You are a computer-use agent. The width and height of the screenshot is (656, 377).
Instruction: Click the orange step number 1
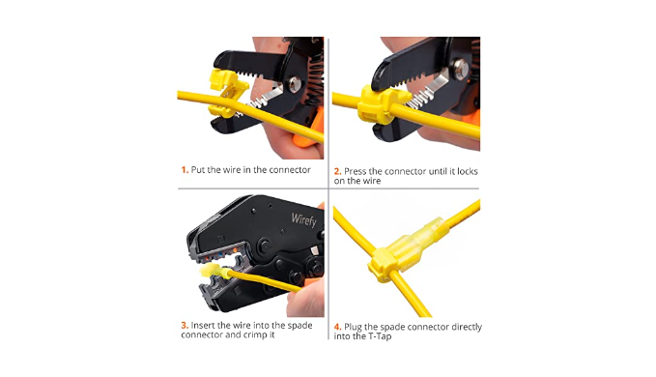pyautogui.click(x=185, y=170)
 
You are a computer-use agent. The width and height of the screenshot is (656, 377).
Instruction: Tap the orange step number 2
pyautogui.click(x=337, y=171)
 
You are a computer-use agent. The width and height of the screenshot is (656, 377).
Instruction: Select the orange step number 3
pyautogui.click(x=185, y=325)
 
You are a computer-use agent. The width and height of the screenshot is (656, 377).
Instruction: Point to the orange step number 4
pyautogui.click(x=337, y=327)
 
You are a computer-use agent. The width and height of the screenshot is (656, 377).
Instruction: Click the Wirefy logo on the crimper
pyautogui.click(x=304, y=219)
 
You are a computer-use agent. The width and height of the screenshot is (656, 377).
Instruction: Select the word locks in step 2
pyautogui.click(x=468, y=171)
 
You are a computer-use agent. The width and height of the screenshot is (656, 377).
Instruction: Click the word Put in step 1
pyautogui.click(x=198, y=170)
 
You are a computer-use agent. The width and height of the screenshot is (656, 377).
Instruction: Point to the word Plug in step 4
pyautogui.click(x=353, y=327)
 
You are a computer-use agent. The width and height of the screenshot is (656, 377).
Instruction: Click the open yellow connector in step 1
pyautogui.click(x=225, y=93)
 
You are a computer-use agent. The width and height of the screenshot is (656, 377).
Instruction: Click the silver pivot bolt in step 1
pyautogui.click(x=294, y=83)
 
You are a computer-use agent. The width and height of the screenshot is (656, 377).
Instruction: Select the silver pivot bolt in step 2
pyautogui.click(x=460, y=68)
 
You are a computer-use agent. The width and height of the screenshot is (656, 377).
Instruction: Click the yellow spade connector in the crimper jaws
pyautogui.click(x=215, y=272)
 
